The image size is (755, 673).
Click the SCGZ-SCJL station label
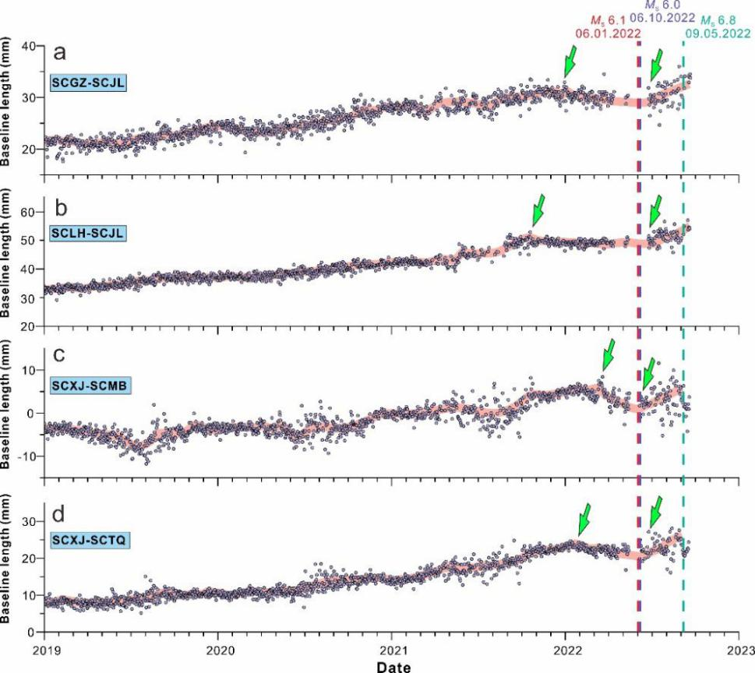pyautogui.click(x=88, y=82)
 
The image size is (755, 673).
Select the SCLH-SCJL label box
pyautogui.click(x=88, y=232)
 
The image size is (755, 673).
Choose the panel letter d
pyautogui.click(x=59, y=515)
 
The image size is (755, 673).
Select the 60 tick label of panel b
pyautogui.click(x=29, y=212)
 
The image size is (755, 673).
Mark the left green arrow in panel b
pyautogui.click(x=538, y=210)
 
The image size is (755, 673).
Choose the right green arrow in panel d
pyautogui.click(x=657, y=512)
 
